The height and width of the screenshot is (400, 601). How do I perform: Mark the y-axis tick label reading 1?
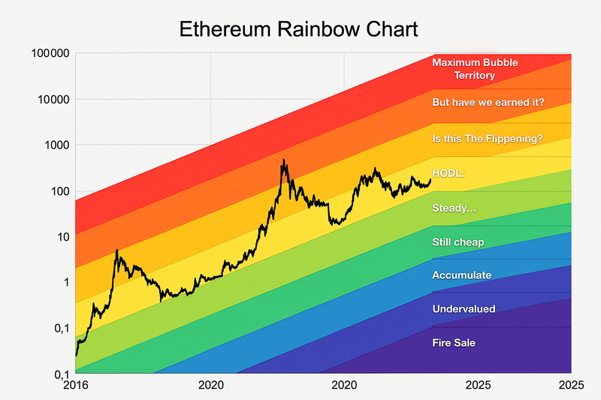pos(66,283)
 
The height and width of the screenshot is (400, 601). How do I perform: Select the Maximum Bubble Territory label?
pos(475,69)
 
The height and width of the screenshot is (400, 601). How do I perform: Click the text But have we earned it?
pos(488,102)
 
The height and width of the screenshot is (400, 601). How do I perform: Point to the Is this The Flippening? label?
pos(488,138)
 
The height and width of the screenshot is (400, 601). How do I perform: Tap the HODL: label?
pos(449,173)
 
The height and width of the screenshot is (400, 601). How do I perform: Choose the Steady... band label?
pos(454,208)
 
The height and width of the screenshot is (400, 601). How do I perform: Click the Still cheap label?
pos(458,242)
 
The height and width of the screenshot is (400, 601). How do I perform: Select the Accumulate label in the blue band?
pos(462,275)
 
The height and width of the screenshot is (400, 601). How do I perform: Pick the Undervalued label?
pos(464,309)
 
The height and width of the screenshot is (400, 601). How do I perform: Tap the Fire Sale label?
pos(454,343)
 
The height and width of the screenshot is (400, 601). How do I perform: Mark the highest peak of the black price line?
pos(283,159)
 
